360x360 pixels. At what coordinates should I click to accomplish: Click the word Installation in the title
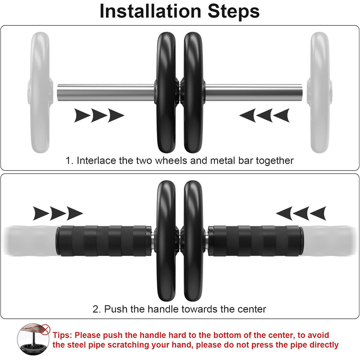(150, 11)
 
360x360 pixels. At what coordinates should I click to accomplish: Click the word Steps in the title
(233, 11)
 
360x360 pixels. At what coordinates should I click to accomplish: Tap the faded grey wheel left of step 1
(41, 92)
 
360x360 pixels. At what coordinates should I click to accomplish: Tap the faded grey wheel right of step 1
(320, 92)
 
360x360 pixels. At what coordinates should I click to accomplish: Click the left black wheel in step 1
(167, 92)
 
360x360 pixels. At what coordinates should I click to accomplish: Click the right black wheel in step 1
(193, 92)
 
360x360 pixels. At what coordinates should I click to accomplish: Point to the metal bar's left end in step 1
(58, 93)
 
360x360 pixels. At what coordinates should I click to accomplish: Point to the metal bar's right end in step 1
(302, 93)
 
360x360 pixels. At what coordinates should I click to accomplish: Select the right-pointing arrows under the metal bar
(99, 116)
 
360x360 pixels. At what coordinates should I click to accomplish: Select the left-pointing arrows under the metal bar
(264, 116)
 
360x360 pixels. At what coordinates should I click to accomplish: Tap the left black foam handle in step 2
(103, 241)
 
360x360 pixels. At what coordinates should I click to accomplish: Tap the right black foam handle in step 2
(255, 241)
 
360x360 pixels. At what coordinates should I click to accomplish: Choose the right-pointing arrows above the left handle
(58, 213)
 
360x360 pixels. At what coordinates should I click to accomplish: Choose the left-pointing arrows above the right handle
(301, 213)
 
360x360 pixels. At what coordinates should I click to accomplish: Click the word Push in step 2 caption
(116, 309)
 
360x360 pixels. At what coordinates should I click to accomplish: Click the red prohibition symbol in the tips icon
(45, 330)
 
